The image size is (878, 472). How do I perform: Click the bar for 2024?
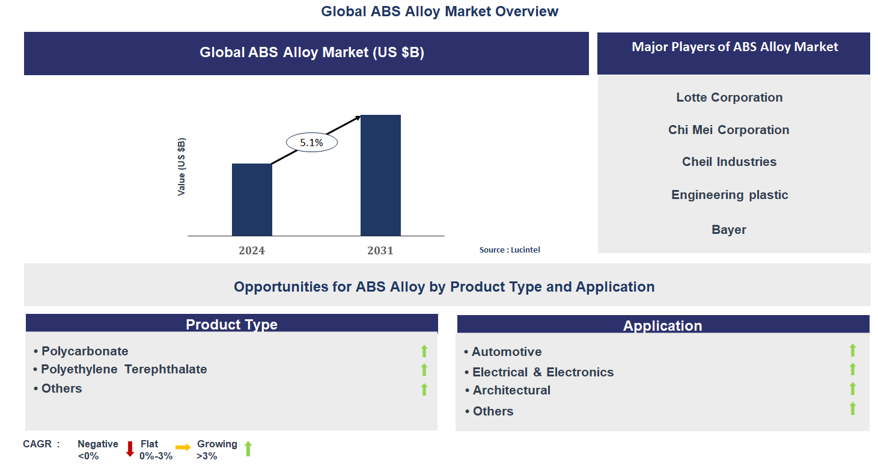(x=252, y=200)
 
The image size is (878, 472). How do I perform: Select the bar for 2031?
(x=380, y=175)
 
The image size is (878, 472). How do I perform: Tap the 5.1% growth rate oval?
(x=311, y=143)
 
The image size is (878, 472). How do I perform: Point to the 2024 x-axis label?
(x=252, y=251)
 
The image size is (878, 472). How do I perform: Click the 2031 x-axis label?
(x=380, y=251)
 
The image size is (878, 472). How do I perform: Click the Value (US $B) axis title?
(x=181, y=167)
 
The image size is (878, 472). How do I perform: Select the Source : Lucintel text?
(x=510, y=250)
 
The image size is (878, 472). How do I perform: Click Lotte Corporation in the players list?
(x=729, y=97)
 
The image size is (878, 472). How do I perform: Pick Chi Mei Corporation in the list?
(x=728, y=130)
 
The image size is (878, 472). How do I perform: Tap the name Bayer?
(x=728, y=230)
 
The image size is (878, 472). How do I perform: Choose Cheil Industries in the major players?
(x=729, y=162)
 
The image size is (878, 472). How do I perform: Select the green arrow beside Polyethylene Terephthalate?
(x=424, y=370)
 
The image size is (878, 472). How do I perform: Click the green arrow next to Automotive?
(x=852, y=351)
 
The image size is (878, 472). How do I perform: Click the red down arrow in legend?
(x=130, y=449)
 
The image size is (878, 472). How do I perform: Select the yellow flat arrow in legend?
(x=183, y=447)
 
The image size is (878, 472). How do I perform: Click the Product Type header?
(x=231, y=325)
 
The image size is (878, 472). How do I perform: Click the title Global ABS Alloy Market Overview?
(x=439, y=11)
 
